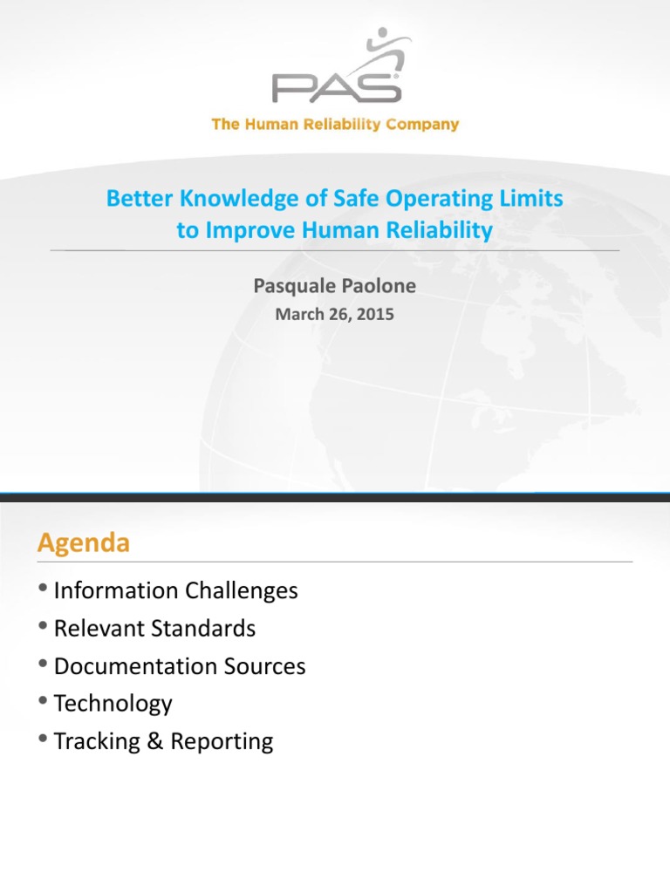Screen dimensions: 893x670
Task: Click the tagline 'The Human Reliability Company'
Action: click(x=335, y=125)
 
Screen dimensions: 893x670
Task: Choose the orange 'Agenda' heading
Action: click(x=83, y=543)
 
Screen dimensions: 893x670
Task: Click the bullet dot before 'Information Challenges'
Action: click(x=44, y=590)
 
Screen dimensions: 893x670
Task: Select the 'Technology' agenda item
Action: click(x=113, y=704)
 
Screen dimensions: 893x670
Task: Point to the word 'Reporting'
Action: click(x=222, y=742)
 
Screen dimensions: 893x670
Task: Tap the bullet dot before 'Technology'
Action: click(x=44, y=703)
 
